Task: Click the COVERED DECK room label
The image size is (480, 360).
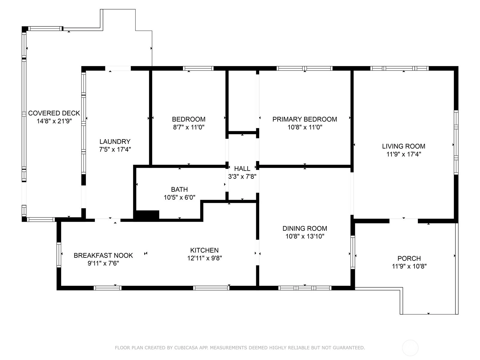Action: (x=54, y=113)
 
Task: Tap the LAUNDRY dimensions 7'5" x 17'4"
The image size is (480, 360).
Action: (x=115, y=149)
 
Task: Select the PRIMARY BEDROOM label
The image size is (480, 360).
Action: (x=304, y=119)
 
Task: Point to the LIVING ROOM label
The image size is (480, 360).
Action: (x=404, y=146)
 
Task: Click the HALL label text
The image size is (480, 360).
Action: (x=242, y=169)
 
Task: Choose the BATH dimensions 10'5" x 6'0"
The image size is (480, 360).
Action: (x=179, y=197)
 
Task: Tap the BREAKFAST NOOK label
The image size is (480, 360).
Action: (x=103, y=256)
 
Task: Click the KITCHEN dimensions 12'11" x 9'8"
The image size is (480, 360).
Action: (x=205, y=258)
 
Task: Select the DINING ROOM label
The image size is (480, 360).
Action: (x=305, y=228)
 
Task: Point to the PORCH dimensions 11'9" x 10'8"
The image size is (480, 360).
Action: (x=409, y=266)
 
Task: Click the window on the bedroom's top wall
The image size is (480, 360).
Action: (x=198, y=68)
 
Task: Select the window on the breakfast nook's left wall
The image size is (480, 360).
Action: (x=59, y=255)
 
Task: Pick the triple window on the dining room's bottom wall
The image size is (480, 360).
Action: (x=305, y=288)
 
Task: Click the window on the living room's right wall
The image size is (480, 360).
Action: (x=456, y=142)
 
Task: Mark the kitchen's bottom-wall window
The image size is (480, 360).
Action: (x=211, y=288)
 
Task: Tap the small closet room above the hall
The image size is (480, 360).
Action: (x=242, y=101)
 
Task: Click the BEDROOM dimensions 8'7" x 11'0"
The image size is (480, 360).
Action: (x=189, y=127)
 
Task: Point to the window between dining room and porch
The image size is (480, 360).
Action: (x=353, y=252)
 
